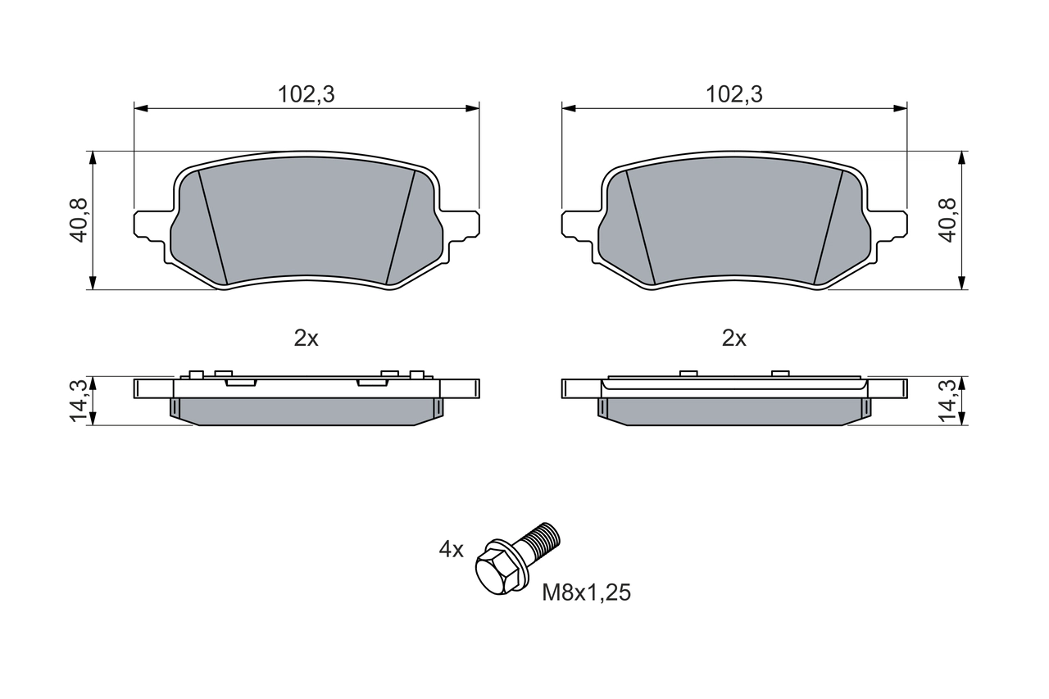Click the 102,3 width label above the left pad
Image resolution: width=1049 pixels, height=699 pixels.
tap(306, 94)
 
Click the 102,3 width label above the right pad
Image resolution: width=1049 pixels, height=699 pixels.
tap(734, 94)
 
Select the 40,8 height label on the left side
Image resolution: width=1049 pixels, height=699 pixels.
tap(79, 220)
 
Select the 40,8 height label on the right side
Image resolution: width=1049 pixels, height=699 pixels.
tap(948, 220)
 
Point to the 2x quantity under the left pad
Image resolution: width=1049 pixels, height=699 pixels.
tap(306, 338)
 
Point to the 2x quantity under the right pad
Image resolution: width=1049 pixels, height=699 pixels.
tap(734, 338)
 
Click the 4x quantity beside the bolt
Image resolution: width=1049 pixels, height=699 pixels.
tap(451, 550)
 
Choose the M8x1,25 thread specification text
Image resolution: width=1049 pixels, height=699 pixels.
tap(586, 593)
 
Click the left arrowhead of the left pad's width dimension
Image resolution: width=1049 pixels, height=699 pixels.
tap(140, 107)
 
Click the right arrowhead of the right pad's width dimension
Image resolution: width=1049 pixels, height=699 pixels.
tap(901, 107)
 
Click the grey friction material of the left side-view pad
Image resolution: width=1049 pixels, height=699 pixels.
tap(306, 411)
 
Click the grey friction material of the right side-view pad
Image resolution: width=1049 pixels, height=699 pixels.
tap(734, 411)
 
